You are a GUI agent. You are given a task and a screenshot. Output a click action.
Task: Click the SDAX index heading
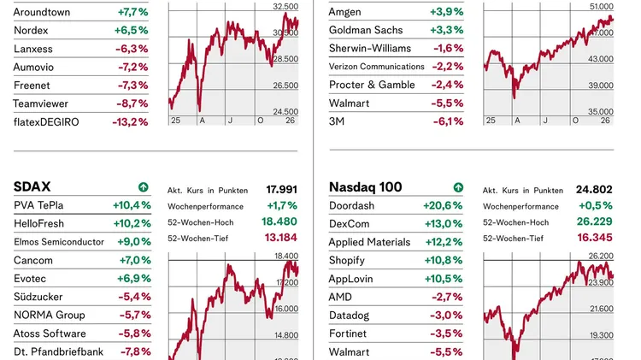click(32, 186)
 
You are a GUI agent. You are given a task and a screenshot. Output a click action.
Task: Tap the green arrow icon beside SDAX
click(143, 187)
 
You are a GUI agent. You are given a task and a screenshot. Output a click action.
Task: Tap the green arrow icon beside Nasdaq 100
click(458, 187)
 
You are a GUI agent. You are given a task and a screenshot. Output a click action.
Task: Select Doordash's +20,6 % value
click(443, 205)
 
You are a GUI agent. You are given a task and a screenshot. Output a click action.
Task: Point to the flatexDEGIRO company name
click(46, 121)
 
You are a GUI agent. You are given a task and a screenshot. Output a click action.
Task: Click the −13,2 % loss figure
click(132, 121)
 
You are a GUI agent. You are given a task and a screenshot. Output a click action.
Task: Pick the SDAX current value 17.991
click(282, 190)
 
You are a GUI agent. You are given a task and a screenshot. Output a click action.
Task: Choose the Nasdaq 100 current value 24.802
click(596, 190)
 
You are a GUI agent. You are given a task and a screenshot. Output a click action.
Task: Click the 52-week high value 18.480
click(282, 221)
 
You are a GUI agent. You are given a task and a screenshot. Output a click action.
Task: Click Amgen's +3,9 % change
click(447, 12)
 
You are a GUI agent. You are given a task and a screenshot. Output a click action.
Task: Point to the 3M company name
click(338, 121)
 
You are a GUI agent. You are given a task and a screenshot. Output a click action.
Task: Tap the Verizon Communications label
click(377, 67)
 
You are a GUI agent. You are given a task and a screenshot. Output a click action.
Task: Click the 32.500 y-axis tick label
click(285, 7)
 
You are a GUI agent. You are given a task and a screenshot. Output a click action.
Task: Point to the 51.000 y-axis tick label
click(602, 7)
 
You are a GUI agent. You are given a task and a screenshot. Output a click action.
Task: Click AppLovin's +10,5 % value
click(443, 278)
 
